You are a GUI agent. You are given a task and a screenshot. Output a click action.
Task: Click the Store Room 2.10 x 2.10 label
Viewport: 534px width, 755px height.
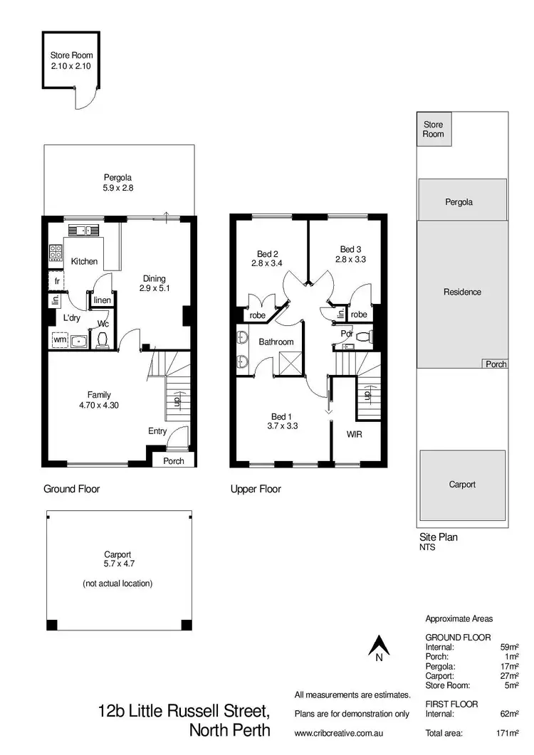[x=71, y=60]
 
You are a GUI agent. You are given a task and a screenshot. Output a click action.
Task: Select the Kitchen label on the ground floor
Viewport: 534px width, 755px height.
[x=84, y=261]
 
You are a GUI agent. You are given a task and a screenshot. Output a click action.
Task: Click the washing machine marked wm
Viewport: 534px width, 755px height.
[x=60, y=341]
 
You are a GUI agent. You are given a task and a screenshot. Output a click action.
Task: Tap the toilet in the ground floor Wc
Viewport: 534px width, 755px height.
[x=103, y=340]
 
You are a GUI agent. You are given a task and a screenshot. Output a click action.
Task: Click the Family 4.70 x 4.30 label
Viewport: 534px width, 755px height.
[x=99, y=400]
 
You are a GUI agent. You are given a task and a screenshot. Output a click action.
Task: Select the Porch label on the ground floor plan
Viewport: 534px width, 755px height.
[x=173, y=461]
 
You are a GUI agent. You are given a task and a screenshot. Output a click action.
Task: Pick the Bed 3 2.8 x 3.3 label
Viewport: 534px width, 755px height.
[x=350, y=254]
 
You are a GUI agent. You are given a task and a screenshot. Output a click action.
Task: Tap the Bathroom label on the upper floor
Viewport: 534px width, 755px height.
[x=276, y=342]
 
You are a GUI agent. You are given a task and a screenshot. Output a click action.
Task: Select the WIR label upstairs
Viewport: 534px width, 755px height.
[x=355, y=433]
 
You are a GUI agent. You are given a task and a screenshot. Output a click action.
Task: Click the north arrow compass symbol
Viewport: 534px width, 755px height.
[x=379, y=648]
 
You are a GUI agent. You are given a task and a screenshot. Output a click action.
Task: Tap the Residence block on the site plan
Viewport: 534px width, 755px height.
[x=462, y=292]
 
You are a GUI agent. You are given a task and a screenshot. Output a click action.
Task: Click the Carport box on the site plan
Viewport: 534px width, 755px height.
[x=462, y=485]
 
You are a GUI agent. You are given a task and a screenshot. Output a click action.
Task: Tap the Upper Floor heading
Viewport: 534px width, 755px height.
[x=256, y=489]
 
